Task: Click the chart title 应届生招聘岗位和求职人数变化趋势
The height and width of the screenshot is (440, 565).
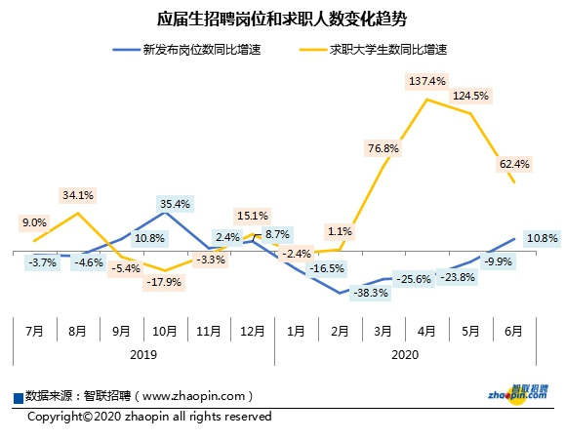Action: (x=282, y=19)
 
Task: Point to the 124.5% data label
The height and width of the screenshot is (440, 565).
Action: (x=471, y=96)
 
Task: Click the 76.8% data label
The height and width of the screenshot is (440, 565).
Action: (x=383, y=148)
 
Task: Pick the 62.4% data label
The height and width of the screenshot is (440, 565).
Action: (x=514, y=164)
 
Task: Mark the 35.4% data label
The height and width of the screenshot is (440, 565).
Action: (x=175, y=204)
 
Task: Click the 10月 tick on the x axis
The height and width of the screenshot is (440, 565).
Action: (x=165, y=331)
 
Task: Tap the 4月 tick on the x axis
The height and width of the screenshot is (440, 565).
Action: (x=426, y=331)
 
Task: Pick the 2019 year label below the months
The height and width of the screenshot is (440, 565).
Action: (x=143, y=355)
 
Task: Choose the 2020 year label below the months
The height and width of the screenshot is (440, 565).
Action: (x=404, y=355)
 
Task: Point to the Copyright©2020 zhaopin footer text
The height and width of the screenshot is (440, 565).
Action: (x=149, y=416)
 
